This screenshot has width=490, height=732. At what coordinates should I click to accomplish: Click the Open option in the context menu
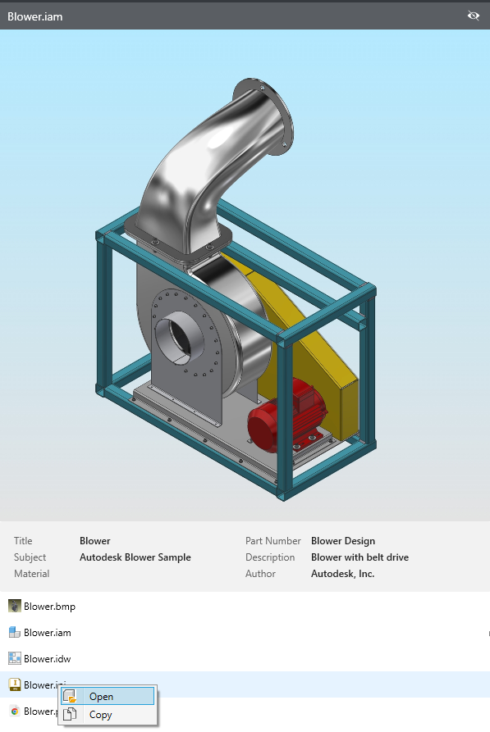coord(101,697)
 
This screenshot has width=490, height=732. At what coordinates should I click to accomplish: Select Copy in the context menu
coord(100,715)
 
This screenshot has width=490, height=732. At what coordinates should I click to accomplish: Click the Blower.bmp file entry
coord(49,607)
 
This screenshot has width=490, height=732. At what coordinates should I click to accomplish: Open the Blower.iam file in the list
coord(48,633)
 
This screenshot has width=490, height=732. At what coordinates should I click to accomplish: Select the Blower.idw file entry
coord(48,658)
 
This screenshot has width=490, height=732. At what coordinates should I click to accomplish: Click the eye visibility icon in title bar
coord(473,16)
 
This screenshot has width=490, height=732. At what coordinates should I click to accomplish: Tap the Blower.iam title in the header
coord(34,16)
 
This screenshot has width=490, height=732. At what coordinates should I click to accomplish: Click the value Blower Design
coord(343,541)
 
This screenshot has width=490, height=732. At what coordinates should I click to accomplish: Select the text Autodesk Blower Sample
coord(135,557)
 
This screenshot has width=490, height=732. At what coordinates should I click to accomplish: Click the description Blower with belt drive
coord(359,557)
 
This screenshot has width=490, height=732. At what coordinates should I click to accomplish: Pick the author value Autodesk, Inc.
coord(342,574)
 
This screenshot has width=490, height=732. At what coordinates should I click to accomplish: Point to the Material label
coord(32,574)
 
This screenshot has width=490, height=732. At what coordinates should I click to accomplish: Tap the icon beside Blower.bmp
coord(14,607)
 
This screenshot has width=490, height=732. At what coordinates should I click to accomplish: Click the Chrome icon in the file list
coord(14,711)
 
